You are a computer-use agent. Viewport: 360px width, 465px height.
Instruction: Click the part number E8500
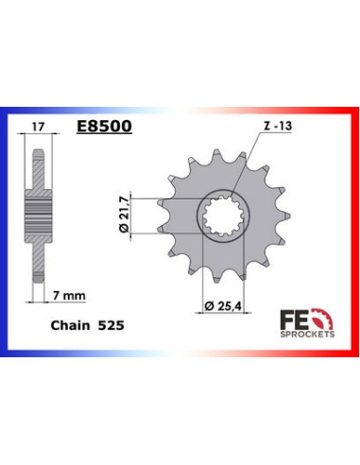point(105,124)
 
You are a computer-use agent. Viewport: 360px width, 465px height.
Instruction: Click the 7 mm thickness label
point(68,295)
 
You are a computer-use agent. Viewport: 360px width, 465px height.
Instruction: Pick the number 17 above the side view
point(36,124)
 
